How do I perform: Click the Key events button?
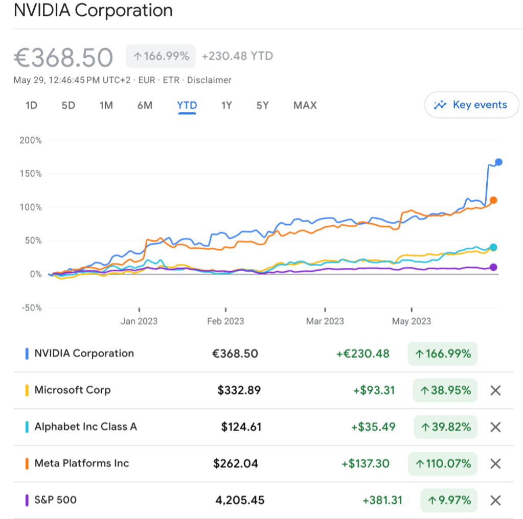point(471,105)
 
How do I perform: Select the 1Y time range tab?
point(226,106)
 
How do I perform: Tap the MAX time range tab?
point(305,106)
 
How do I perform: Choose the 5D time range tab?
point(69,106)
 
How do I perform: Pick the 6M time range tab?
point(145,106)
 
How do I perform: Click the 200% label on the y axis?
point(31,140)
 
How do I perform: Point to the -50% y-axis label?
point(30,308)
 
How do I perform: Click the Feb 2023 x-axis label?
point(225,321)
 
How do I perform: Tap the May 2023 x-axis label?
point(412,321)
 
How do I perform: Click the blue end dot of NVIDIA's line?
point(498,162)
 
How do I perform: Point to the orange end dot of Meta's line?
point(493,200)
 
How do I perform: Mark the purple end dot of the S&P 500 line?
point(493,267)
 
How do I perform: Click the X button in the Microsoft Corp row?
point(495,391)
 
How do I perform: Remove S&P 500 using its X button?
point(495,501)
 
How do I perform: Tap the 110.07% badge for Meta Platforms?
point(443,464)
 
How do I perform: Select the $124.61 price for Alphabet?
point(241,427)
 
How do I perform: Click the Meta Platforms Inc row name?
point(82,464)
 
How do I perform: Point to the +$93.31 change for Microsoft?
point(374,391)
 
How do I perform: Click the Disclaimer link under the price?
point(209,80)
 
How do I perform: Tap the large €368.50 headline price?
point(63,57)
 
